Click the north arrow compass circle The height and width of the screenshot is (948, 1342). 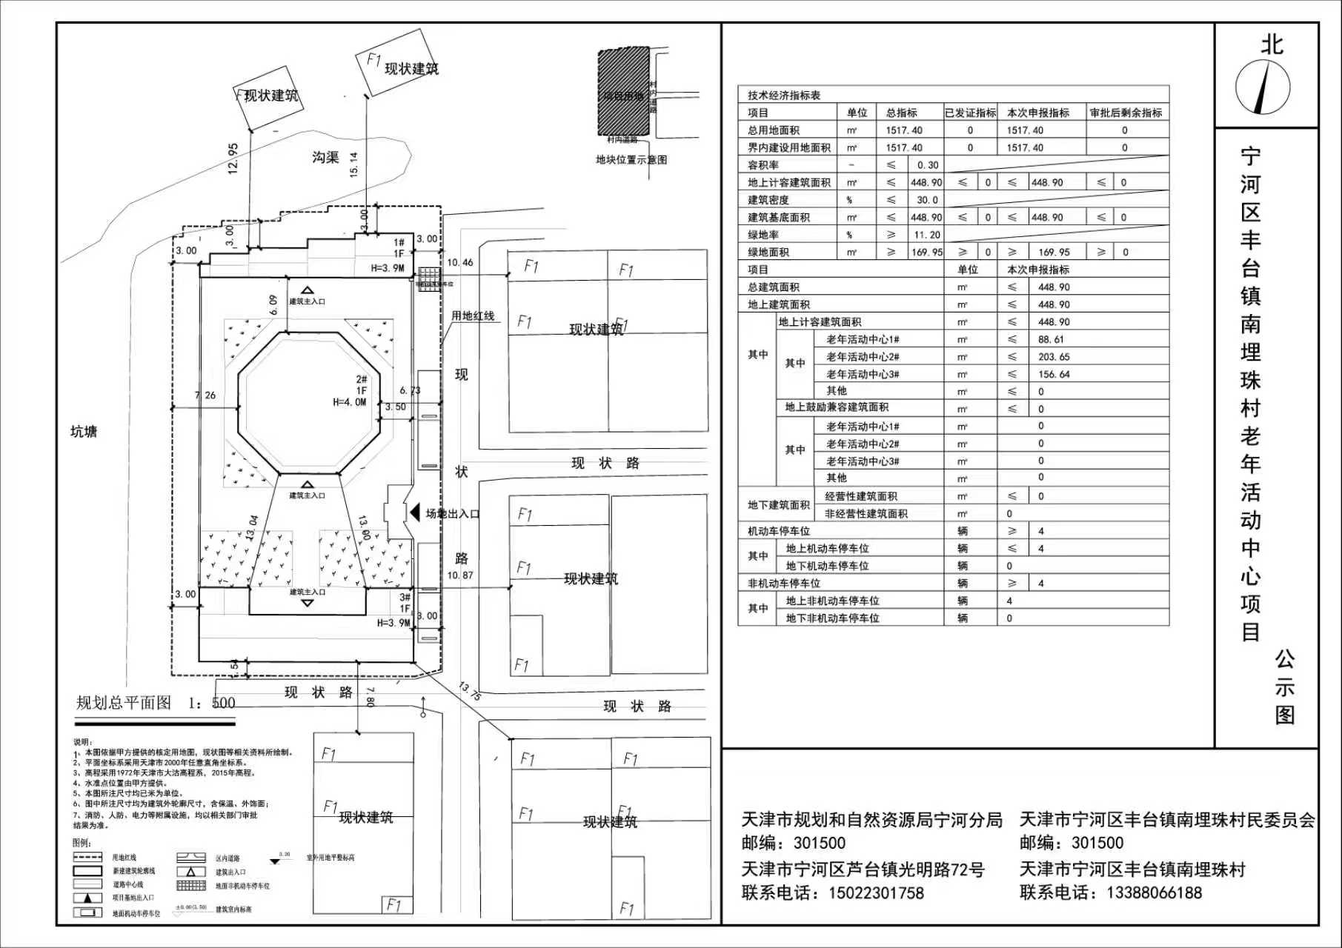(1263, 87)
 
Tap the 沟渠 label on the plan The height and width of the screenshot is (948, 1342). (325, 157)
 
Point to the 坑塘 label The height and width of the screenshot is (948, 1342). (83, 432)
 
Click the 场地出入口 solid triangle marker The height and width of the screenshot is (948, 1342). (414, 513)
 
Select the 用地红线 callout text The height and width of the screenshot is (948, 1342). (473, 316)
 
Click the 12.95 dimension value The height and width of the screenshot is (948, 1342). (233, 158)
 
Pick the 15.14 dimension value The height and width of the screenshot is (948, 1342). (354, 164)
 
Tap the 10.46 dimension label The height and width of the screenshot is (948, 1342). (459, 262)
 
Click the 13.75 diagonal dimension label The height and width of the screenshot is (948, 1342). (470, 691)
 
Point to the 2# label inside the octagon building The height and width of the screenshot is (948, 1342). (362, 379)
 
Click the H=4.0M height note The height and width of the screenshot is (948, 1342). (349, 402)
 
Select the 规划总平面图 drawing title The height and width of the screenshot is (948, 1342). (124, 703)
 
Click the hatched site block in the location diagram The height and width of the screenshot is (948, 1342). (623, 92)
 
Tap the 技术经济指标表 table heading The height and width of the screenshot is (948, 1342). (783, 96)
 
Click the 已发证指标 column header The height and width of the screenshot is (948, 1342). (970, 113)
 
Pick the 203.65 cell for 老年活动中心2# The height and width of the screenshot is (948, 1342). (1054, 357)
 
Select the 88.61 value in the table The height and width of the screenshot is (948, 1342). (1051, 340)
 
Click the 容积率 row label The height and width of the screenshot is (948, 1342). (763, 165)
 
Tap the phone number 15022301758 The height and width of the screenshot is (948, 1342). (876, 892)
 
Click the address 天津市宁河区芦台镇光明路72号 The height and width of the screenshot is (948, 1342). (863, 869)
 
